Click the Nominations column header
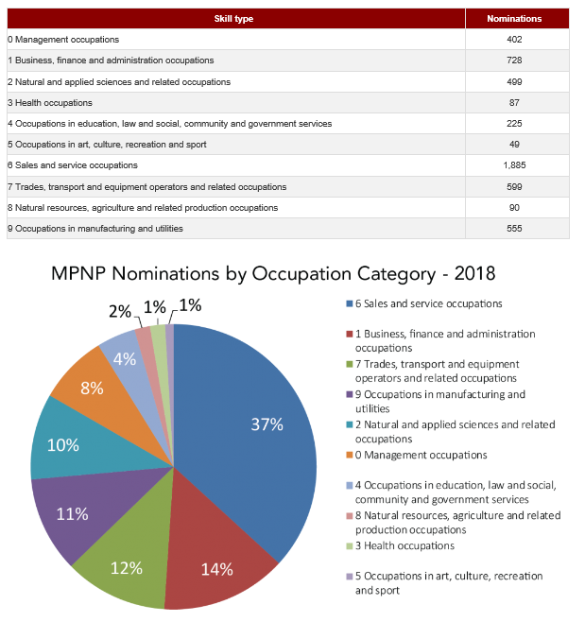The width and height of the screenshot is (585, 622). (514, 19)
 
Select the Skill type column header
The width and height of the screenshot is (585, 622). (233, 19)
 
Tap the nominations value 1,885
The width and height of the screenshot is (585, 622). (514, 165)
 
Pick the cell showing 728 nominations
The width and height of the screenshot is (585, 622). (514, 60)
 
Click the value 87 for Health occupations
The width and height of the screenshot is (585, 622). (514, 103)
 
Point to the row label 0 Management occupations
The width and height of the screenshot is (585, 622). (63, 40)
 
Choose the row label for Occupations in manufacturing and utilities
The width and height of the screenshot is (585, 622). (95, 229)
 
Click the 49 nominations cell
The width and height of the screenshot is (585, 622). (514, 145)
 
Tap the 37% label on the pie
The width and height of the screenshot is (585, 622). (267, 424)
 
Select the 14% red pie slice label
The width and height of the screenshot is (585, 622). (217, 569)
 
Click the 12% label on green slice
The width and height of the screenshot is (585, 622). (127, 568)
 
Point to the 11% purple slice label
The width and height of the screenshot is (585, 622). (72, 514)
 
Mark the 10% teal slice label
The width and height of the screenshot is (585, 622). (63, 445)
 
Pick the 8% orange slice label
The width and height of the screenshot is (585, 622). (92, 389)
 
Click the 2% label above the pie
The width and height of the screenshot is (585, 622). (120, 311)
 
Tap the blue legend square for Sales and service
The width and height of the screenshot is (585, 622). (350, 303)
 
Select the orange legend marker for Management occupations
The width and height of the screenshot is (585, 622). (350, 455)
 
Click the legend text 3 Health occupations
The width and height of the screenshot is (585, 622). (404, 545)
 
